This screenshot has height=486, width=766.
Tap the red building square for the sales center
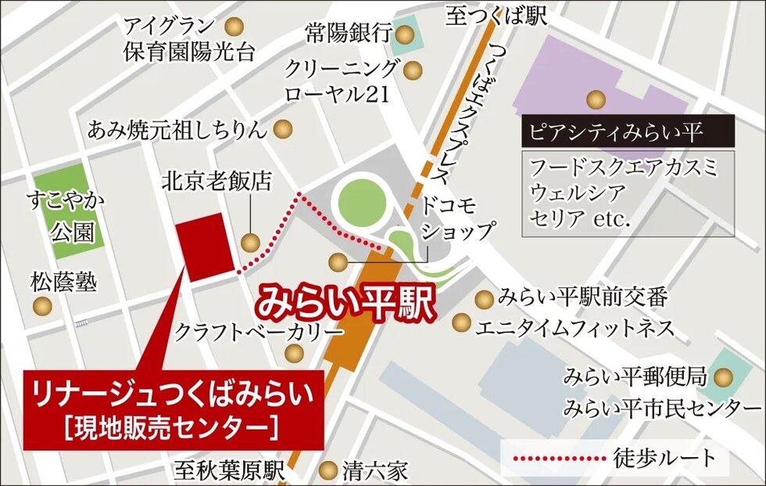(x=206, y=249)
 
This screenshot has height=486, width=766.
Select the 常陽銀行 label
(x=349, y=33)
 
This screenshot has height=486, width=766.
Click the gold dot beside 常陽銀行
(x=405, y=34)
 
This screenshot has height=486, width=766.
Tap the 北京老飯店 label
(x=217, y=182)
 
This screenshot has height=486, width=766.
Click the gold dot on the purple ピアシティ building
(x=596, y=99)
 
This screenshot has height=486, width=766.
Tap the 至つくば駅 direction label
(x=496, y=16)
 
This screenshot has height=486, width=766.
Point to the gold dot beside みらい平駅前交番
(x=485, y=298)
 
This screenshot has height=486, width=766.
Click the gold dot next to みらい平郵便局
(x=725, y=378)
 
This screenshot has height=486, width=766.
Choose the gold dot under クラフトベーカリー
(x=294, y=354)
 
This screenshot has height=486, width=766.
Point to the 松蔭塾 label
(x=64, y=281)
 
